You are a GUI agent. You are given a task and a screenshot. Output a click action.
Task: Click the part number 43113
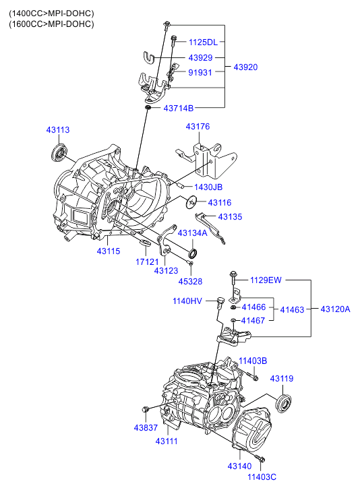tap(58, 129)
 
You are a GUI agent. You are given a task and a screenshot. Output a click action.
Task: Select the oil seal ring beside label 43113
tap(59, 153)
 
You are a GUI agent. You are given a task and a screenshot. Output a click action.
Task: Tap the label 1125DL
tap(203, 42)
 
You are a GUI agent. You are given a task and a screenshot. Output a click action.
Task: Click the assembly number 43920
tap(245, 67)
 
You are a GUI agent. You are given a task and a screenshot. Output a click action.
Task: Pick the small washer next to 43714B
tap(148, 108)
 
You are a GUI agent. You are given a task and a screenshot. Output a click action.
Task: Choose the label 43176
tap(198, 126)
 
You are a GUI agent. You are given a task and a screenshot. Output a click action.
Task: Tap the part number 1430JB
tap(208, 187)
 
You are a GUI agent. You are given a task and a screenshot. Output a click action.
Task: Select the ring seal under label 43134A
tap(193, 253)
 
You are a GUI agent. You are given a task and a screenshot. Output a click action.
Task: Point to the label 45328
tap(190, 281)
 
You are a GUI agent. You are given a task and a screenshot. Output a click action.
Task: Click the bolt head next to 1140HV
tap(220, 301)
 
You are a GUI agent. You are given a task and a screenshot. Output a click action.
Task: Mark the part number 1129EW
tap(266, 280)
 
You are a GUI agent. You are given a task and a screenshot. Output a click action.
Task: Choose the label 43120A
tap(335, 309)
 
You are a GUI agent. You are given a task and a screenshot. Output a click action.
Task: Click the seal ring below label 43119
tap(284, 402)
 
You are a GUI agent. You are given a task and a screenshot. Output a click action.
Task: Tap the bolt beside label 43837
tap(146, 409)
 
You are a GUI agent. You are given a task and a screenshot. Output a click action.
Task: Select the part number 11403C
tap(262, 477)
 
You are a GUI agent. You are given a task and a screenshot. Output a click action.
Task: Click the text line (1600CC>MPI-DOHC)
tap(51, 24)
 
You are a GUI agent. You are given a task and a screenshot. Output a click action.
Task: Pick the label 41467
tap(253, 320)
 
